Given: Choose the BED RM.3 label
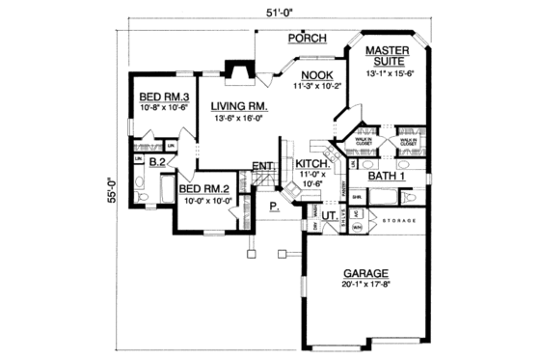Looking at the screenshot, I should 162,97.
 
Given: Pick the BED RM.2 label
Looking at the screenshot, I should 202,189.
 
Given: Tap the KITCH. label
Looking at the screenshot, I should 312,165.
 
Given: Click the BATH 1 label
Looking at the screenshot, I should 387,176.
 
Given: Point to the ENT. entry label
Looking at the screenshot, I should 263,167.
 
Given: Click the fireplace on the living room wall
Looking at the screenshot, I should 235,71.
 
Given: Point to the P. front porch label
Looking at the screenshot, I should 273,206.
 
